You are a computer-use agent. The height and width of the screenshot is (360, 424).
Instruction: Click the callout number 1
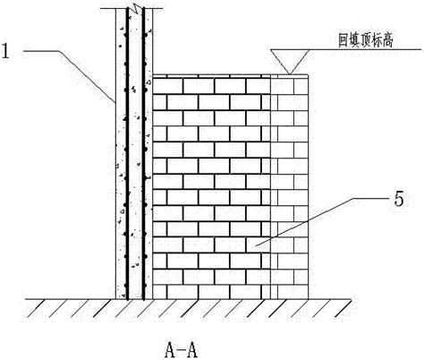(x=5, y=51)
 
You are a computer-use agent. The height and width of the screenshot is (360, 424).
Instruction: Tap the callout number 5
(x=399, y=199)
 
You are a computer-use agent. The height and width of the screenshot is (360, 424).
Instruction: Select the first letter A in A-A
(x=170, y=350)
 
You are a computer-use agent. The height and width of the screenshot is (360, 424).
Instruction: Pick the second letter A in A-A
(x=191, y=350)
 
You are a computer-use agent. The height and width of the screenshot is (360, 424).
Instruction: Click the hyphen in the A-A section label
(x=181, y=351)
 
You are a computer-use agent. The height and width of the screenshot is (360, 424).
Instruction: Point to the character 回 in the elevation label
(x=343, y=40)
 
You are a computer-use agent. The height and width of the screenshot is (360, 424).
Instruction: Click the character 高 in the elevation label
(x=387, y=40)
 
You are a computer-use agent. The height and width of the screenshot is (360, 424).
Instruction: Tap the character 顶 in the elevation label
(x=365, y=40)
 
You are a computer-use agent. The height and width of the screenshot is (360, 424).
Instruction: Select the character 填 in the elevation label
(x=354, y=40)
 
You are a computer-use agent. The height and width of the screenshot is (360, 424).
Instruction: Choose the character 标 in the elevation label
(x=377, y=40)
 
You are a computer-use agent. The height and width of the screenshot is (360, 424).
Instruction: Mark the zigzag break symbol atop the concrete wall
(x=136, y=8)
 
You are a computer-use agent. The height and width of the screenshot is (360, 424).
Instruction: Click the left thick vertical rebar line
(x=127, y=154)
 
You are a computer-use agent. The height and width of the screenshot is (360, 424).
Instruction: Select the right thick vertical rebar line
(x=143, y=154)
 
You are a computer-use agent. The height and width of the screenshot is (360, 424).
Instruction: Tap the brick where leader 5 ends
(x=259, y=244)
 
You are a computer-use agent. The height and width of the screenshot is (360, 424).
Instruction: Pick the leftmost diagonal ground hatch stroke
(x=37, y=308)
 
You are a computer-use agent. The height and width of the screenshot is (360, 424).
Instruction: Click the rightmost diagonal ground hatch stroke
(x=343, y=308)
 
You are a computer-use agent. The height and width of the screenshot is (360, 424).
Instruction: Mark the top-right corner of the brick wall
(x=308, y=74)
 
